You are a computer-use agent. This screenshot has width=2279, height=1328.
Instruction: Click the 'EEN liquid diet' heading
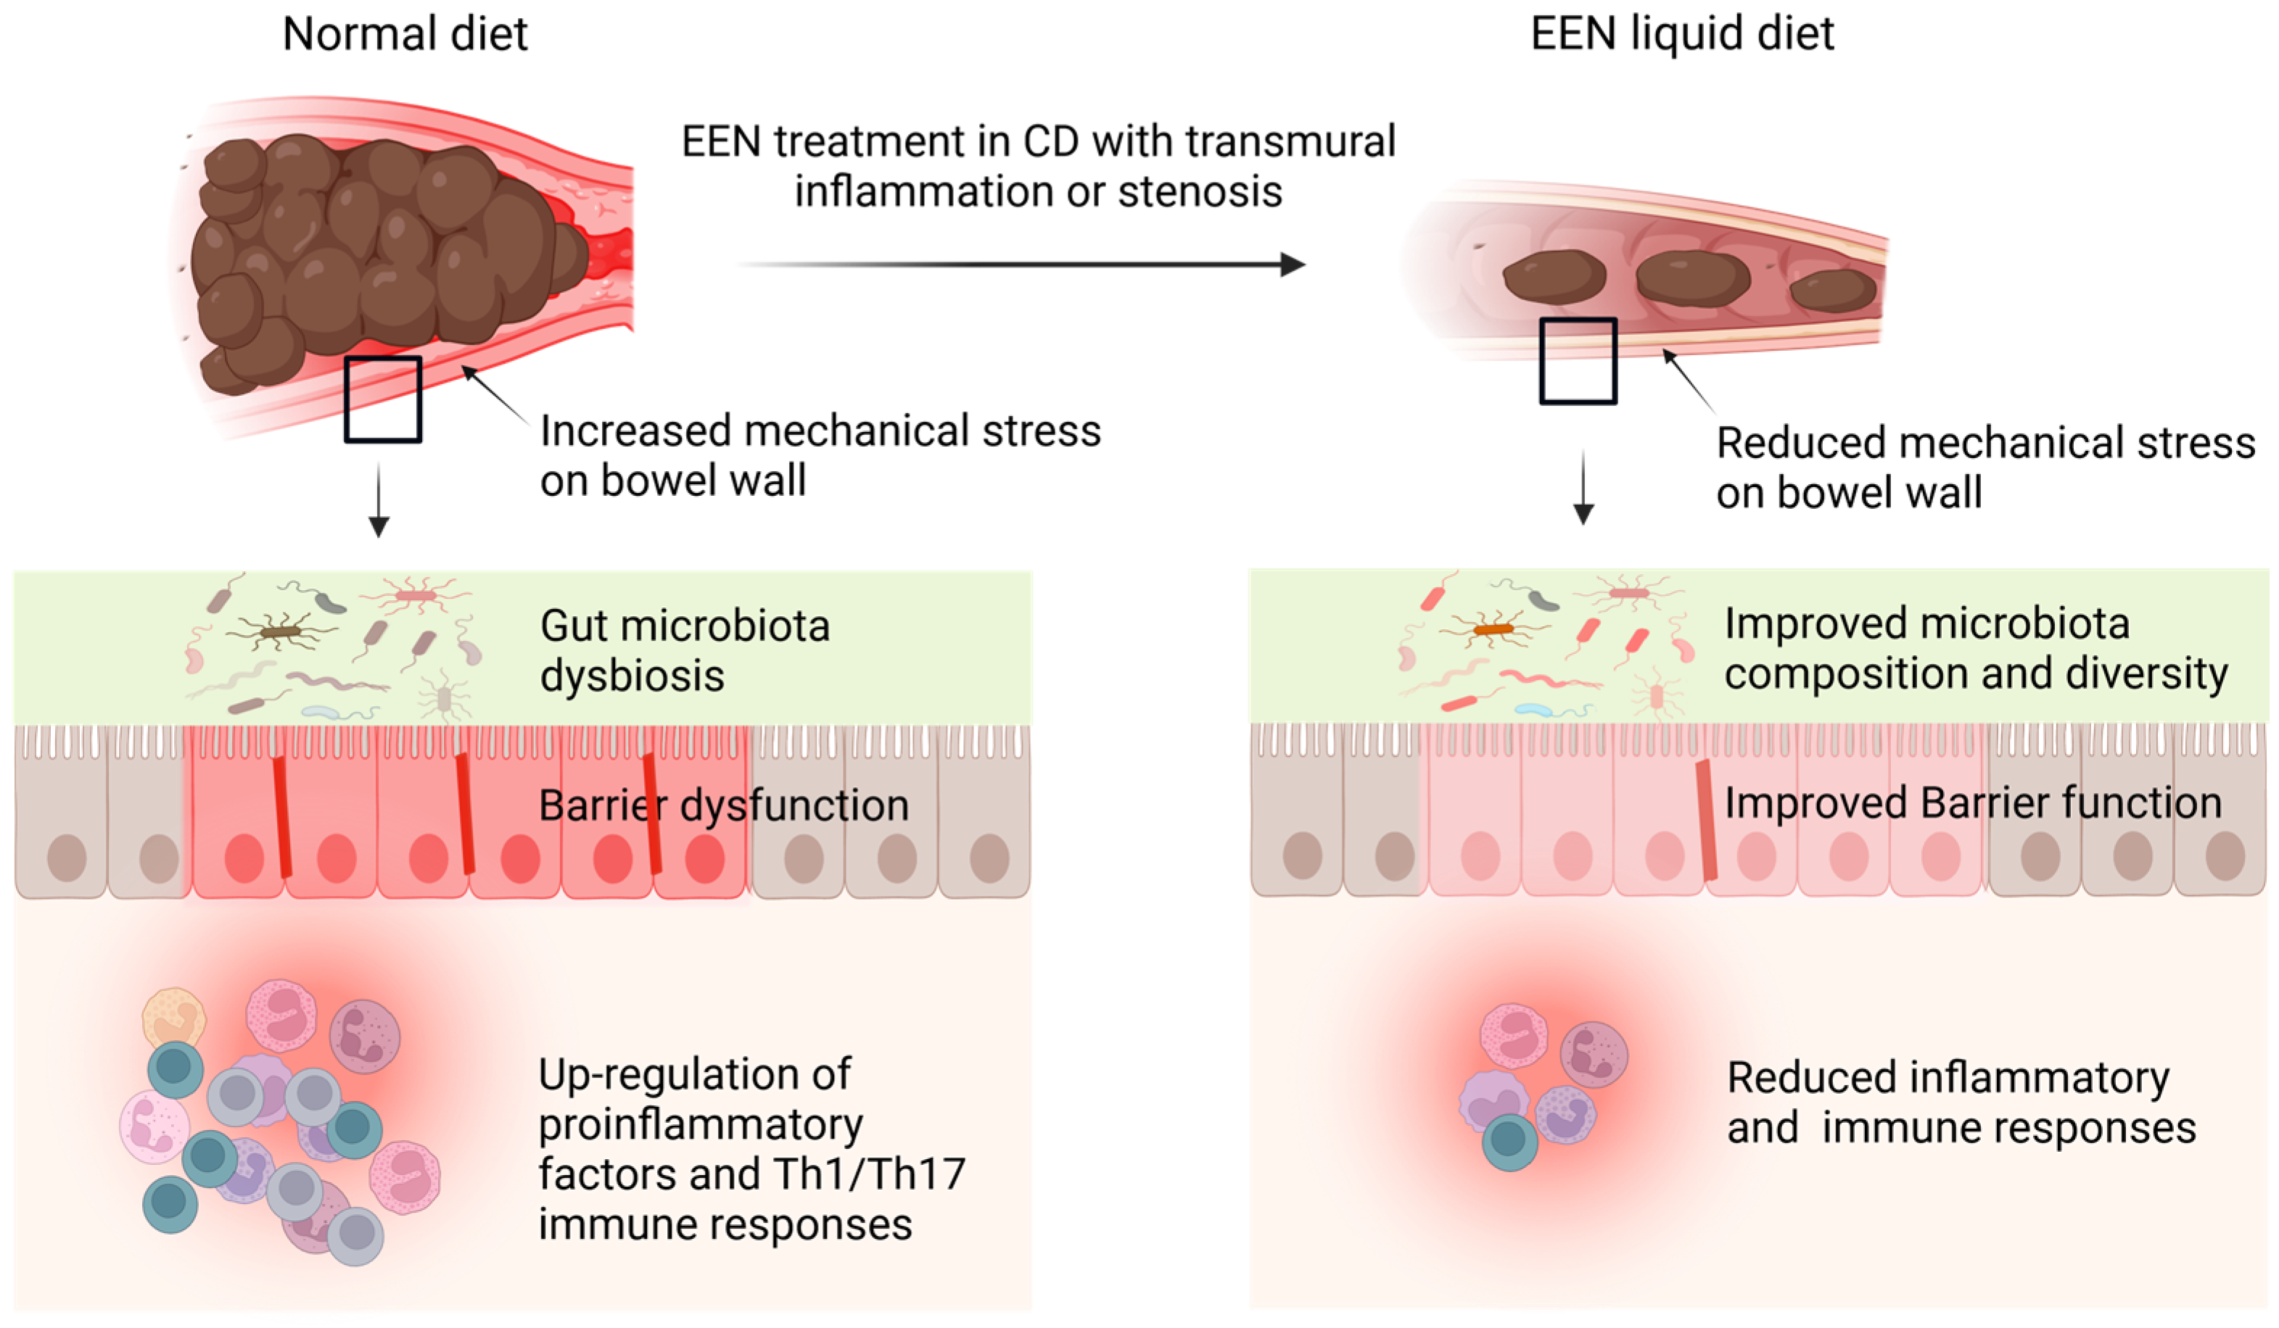1681,34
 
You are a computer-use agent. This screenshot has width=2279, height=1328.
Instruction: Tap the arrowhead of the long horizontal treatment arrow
1293,265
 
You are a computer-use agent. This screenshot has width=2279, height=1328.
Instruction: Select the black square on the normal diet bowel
382,399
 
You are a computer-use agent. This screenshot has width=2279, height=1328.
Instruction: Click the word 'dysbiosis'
632,676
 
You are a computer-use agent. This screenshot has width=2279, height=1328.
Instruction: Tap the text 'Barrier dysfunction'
723,805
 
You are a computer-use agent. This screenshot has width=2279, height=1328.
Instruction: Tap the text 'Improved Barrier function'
1972,802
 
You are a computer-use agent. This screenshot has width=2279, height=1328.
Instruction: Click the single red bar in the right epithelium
1707,819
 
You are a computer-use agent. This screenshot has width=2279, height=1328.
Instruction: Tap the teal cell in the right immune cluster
1509,1142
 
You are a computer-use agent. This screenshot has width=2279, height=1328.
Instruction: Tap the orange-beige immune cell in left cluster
173,1018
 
